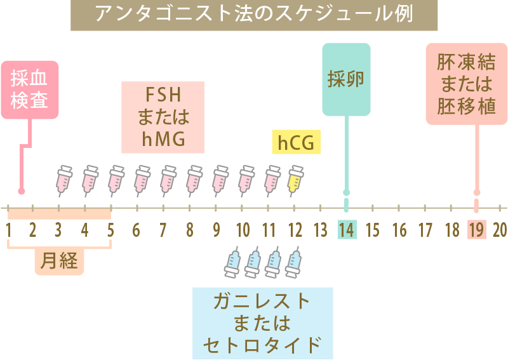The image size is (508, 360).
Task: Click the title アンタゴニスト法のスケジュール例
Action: [x=253, y=14]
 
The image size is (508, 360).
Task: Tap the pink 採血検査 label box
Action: [x=30, y=90]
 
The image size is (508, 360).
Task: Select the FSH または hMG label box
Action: [x=163, y=117]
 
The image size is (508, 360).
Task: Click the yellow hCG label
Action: [x=295, y=143]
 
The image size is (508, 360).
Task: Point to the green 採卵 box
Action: [x=346, y=79]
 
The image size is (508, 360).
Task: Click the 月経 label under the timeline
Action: [x=59, y=261]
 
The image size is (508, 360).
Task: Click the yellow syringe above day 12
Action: [x=295, y=179]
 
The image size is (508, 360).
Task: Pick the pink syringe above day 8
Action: [x=194, y=179]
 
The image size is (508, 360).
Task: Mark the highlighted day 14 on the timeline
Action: [x=347, y=230]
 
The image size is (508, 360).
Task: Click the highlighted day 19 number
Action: [x=476, y=230]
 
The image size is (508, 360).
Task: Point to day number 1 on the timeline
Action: [x=10, y=230]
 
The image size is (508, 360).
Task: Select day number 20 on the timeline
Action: [x=500, y=230]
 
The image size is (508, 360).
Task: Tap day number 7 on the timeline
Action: [x=163, y=230]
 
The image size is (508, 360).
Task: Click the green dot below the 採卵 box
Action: [x=346, y=192]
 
